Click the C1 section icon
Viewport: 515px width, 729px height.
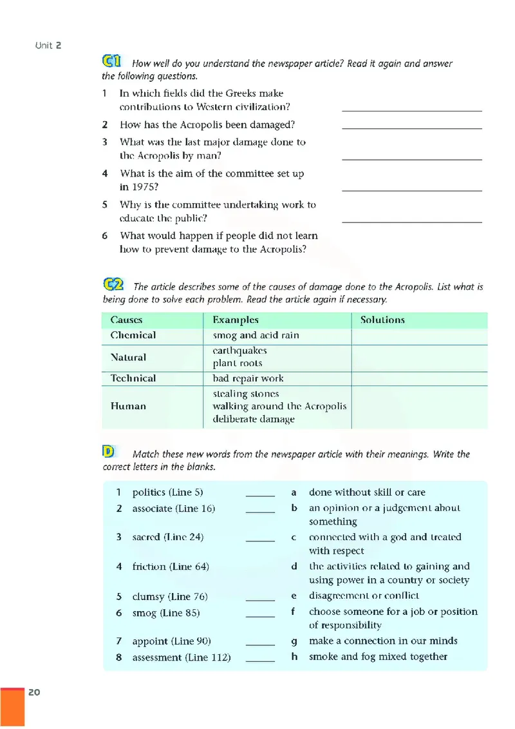112,62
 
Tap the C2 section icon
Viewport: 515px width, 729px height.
113,285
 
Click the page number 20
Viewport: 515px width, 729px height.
34,692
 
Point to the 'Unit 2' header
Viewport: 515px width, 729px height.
48,45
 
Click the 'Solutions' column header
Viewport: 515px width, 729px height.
382,320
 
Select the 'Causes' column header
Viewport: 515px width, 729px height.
126,320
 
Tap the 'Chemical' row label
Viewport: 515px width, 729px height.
133,335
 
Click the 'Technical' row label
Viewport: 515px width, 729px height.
133,378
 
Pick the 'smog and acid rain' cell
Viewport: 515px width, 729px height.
256,335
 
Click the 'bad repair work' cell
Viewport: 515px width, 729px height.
248,378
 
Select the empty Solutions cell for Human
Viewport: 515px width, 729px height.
418,407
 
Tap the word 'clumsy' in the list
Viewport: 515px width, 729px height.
149,596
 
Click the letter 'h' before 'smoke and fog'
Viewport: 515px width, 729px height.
294,657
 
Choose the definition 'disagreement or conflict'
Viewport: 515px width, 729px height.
364,596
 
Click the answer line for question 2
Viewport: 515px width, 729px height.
411,128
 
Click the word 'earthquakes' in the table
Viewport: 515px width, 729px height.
239,351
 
